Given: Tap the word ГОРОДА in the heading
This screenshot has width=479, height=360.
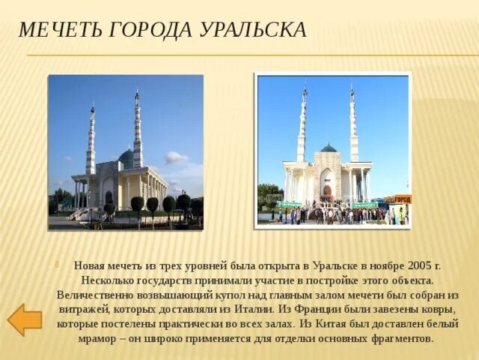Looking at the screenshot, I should coord(151,30).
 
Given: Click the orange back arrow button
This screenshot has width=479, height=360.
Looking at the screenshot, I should coord(24,319).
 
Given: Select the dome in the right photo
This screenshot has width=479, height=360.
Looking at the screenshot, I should coord(329,148).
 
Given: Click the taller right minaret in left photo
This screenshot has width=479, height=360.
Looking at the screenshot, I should coord(137,131).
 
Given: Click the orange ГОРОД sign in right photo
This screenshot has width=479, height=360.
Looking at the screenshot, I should coord(401,199).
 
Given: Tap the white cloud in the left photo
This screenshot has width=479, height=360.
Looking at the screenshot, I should coord(176,157).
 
